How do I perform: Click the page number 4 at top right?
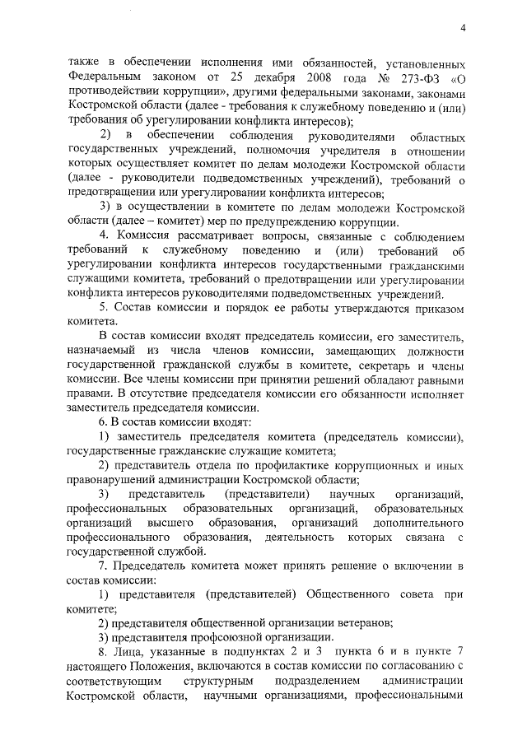464,30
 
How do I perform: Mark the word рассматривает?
218,237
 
